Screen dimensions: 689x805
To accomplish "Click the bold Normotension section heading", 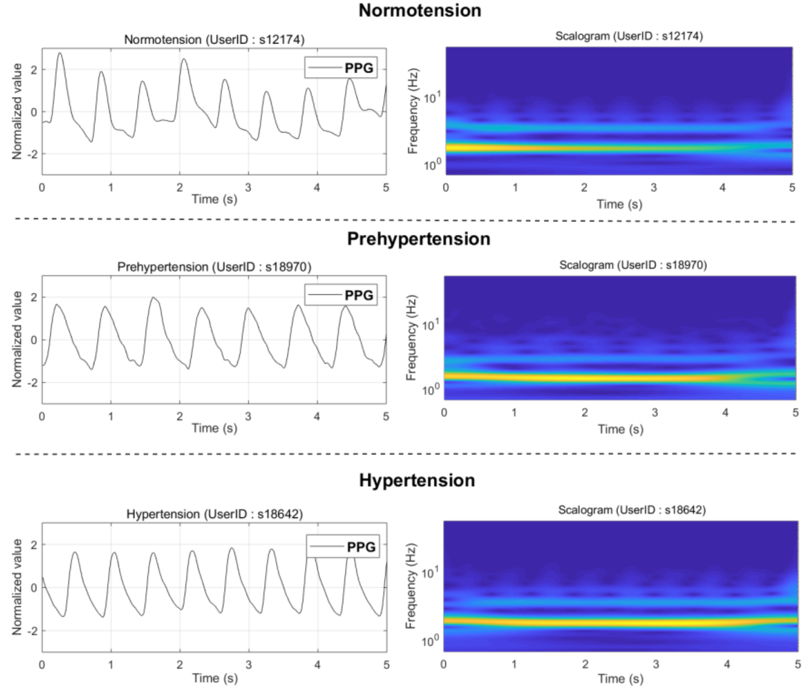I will pyautogui.click(x=420, y=11).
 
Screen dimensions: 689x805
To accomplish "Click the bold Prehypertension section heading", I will pyautogui.click(x=419, y=239).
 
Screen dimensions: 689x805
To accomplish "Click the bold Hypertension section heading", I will pyautogui.click(x=417, y=480).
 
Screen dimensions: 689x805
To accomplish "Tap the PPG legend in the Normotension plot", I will pyautogui.click(x=341, y=68).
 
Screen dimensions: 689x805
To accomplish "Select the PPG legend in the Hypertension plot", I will pyautogui.click(x=343, y=547).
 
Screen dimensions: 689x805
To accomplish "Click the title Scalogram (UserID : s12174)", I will pyautogui.click(x=629, y=36).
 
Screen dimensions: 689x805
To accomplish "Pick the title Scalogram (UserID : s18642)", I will pyautogui.click(x=632, y=510).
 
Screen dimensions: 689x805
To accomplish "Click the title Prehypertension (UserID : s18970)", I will pyautogui.click(x=214, y=267).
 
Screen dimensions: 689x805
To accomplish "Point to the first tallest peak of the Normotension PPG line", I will pyautogui.click(x=60, y=53).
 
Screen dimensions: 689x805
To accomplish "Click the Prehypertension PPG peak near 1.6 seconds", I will pyautogui.click(x=153, y=298).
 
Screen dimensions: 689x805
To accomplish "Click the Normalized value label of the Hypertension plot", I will pyautogui.click(x=17, y=587).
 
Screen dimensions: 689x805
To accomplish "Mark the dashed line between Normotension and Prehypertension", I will pyautogui.click(x=404, y=220).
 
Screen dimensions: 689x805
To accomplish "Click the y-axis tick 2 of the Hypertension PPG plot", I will pyautogui.click(x=33, y=545).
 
